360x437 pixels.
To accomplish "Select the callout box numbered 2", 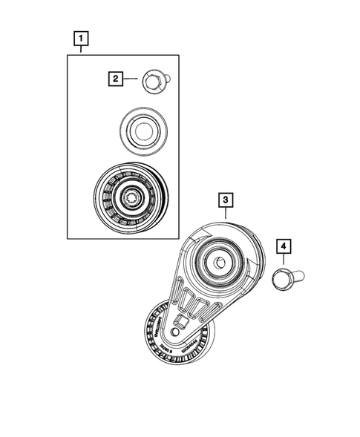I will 115,77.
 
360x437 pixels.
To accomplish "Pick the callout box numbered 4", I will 284,246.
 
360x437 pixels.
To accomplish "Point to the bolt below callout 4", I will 284,279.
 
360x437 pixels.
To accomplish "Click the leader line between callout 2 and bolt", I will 131,77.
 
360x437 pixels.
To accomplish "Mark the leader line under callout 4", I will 284,260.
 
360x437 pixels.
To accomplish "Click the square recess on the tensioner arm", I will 180,322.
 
